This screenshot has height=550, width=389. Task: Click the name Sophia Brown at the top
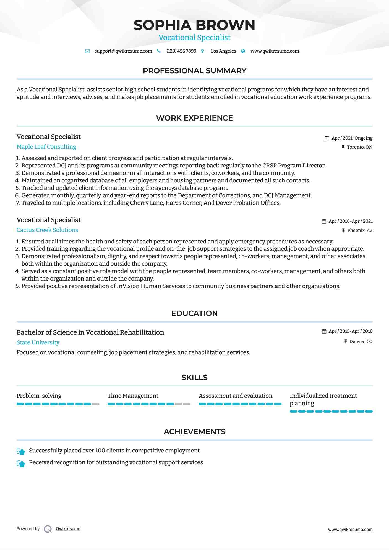(x=194, y=25)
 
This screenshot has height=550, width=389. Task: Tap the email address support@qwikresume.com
(x=123, y=51)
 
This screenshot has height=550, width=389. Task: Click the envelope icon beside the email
(x=87, y=51)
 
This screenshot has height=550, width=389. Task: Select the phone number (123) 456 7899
(x=181, y=51)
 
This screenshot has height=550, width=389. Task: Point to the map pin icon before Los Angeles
(x=203, y=51)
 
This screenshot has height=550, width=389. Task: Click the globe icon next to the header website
(x=243, y=51)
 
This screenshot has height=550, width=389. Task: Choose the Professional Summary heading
(x=194, y=71)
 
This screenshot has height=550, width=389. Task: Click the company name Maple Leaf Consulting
(x=46, y=147)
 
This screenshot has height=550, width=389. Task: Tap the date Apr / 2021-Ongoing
(x=352, y=138)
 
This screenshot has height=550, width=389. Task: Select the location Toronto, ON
(x=359, y=147)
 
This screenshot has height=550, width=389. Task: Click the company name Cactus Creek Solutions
(x=47, y=230)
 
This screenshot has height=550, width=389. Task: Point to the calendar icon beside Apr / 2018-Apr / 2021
(x=324, y=221)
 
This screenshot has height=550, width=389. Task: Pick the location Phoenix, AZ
(x=360, y=230)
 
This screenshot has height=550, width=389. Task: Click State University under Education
(x=38, y=342)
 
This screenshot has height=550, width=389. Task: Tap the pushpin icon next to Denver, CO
(x=345, y=342)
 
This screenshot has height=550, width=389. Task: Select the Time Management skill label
(x=133, y=396)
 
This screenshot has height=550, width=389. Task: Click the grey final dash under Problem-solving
(x=96, y=404)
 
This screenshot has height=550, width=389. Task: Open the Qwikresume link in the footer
(x=68, y=529)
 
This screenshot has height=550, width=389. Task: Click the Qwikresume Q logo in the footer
(x=48, y=529)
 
